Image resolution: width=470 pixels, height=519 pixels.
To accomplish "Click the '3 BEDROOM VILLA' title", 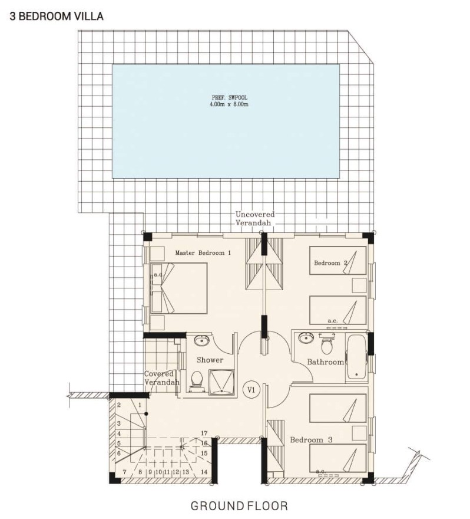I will click(57, 17).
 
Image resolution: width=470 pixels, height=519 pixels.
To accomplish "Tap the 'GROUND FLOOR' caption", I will click(239, 505).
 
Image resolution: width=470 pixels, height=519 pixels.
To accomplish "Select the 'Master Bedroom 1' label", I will click(203, 252).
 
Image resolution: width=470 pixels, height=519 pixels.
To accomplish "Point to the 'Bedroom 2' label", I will click(331, 263).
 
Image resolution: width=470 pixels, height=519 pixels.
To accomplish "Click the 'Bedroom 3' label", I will click(312, 440).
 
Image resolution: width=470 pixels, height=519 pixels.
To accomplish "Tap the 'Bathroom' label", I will click(325, 362).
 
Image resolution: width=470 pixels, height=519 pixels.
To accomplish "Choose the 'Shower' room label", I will click(210, 359).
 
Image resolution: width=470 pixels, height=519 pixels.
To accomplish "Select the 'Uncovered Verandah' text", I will click(255, 219).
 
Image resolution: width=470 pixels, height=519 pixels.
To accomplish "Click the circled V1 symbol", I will click(251, 390).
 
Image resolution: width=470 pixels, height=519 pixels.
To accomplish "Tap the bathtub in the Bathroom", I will click(356, 356).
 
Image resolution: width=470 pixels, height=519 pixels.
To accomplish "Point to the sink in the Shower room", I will click(201, 340).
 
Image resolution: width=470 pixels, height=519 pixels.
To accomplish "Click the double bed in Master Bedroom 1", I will click(179, 287).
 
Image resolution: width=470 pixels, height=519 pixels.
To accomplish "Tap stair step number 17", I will click(204, 433).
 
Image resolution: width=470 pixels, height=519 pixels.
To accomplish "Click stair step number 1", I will click(140, 405).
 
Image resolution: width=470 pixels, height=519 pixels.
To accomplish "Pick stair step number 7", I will click(124, 472).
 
